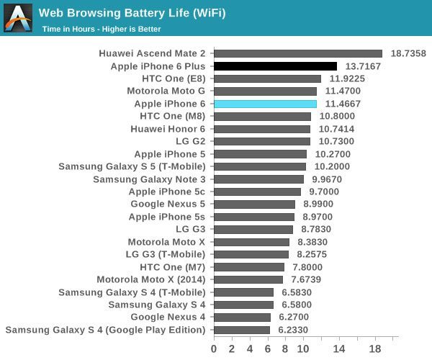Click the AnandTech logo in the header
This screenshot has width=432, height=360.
pyautogui.click(x=18, y=18)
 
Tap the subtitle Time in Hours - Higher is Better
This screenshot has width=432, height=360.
pyautogui.click(x=102, y=29)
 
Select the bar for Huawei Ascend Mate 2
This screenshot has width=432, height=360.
pyautogui.click(x=298, y=53)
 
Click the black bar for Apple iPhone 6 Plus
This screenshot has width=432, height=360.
pyautogui.click(x=275, y=66)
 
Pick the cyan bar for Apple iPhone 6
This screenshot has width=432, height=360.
pyautogui.click(x=265, y=104)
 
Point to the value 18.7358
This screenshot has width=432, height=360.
pyautogui.click(x=408, y=53)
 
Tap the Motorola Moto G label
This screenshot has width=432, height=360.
pyautogui.click(x=166, y=91)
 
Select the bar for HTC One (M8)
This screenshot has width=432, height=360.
pyautogui.click(x=262, y=117)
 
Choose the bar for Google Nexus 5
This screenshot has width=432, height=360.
pyautogui.click(x=254, y=204)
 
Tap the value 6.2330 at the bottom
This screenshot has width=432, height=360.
pyautogui.click(x=295, y=330)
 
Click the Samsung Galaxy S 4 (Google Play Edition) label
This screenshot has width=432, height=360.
pyautogui.click(x=105, y=330)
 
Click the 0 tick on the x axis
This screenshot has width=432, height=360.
pyautogui.click(x=214, y=349)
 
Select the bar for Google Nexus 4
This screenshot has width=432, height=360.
pyautogui.click(x=242, y=318)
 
